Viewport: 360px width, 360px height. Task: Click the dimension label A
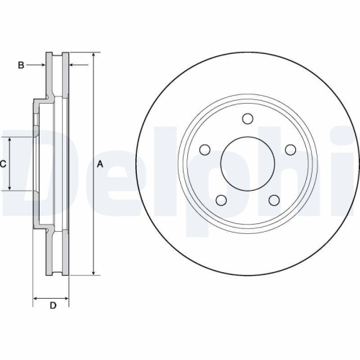tap(100, 165)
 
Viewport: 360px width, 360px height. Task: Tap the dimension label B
tap(22, 66)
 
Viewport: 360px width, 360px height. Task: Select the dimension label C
tap(4, 164)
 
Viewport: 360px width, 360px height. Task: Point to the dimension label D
tap(53, 306)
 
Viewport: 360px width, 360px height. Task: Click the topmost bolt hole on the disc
tap(248, 119)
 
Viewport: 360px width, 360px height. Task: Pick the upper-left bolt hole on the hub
tap(204, 150)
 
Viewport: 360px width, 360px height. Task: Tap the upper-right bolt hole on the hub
tap(290, 150)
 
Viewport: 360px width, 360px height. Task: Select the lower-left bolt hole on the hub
tap(221, 201)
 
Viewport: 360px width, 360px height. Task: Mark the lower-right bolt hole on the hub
tap(274, 201)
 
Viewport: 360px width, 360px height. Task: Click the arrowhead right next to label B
tap(42, 66)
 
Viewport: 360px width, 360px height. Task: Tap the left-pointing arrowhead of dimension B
tap(73, 66)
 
